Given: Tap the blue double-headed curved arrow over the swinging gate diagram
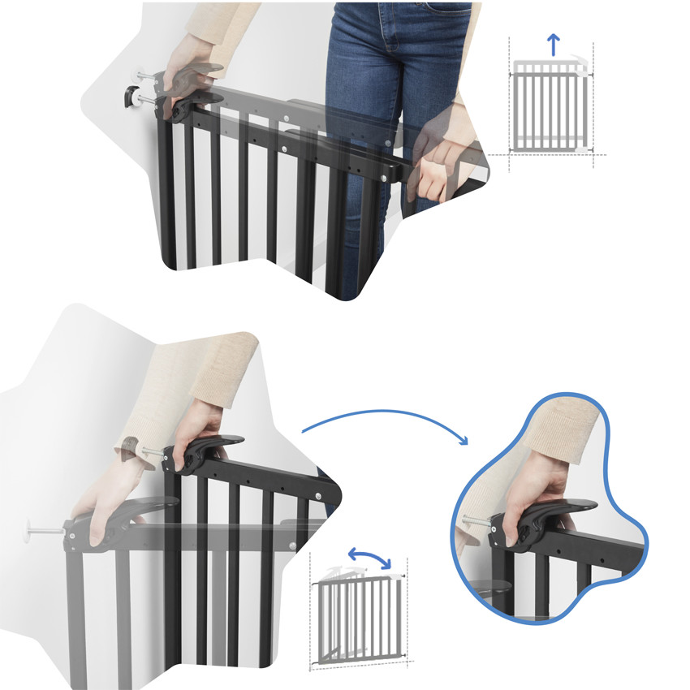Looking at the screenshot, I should (369, 558).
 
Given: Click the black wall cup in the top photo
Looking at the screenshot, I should (129, 97).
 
